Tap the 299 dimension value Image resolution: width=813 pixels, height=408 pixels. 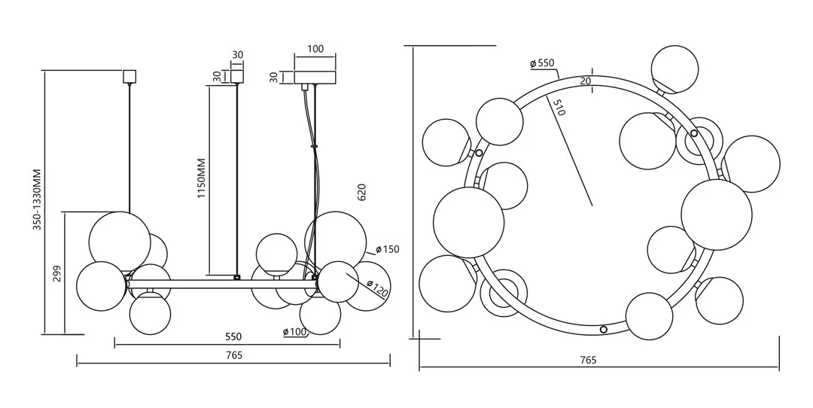click(x=56, y=273)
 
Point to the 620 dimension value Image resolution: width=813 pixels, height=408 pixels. click(x=361, y=192)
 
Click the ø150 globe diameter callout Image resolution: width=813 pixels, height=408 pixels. click(x=387, y=249)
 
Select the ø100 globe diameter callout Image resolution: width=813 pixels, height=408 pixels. click(x=295, y=332)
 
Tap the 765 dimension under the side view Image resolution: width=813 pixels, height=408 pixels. click(x=233, y=355)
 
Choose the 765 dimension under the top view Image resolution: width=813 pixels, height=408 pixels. click(x=589, y=361)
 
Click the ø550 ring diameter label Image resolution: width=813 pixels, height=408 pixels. click(x=542, y=63)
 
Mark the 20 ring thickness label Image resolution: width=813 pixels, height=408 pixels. click(x=586, y=81)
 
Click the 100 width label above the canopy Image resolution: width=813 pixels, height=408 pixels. click(x=315, y=50)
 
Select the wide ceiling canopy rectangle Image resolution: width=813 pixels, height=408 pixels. click(x=315, y=77)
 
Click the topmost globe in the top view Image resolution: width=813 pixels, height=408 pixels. click(x=674, y=69)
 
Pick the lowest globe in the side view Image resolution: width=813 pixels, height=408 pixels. click(x=150, y=314)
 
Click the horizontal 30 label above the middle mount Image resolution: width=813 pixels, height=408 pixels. click(x=238, y=55)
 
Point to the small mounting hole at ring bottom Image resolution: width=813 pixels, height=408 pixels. click(x=603, y=329)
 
